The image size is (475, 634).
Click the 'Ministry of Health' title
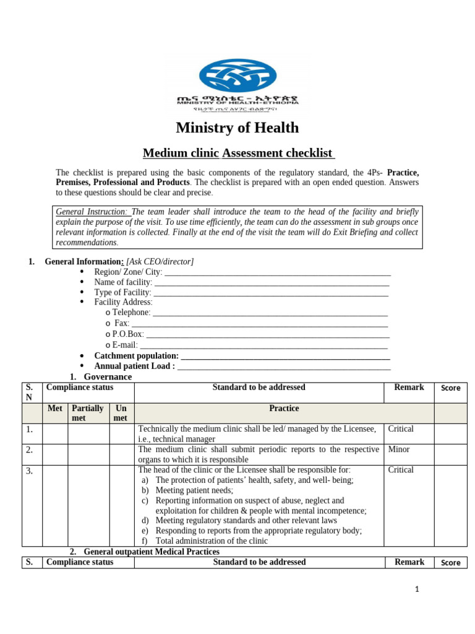237,128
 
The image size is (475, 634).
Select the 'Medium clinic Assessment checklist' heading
238,153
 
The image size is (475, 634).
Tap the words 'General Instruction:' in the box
92,211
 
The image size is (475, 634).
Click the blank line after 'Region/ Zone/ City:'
278,272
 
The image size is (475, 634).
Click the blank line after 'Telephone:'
270,313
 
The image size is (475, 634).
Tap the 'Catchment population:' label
136,356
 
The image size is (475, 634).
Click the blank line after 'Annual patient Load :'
284,366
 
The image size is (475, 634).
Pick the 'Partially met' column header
88,413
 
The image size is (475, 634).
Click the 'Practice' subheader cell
284,409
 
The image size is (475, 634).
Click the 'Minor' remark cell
398,449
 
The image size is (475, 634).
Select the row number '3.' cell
32,471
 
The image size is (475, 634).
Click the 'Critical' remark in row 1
400,429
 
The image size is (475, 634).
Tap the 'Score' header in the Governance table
450,388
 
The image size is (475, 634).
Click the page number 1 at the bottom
417,589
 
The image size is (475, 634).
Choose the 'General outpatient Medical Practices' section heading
151,551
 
